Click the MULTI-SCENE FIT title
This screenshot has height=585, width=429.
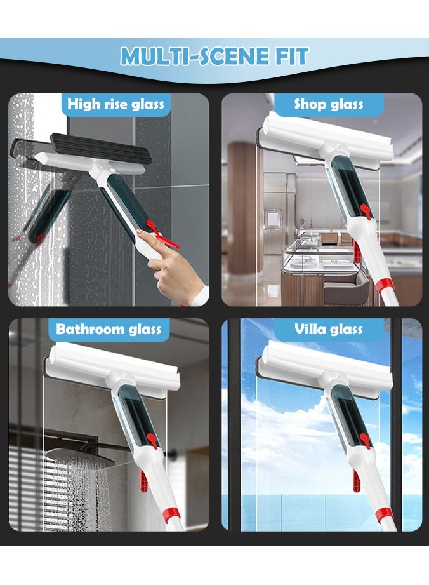214,57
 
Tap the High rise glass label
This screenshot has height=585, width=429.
115,104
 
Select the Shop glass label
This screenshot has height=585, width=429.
328,104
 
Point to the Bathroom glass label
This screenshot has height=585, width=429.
109,329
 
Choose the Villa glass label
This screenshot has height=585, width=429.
329,329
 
